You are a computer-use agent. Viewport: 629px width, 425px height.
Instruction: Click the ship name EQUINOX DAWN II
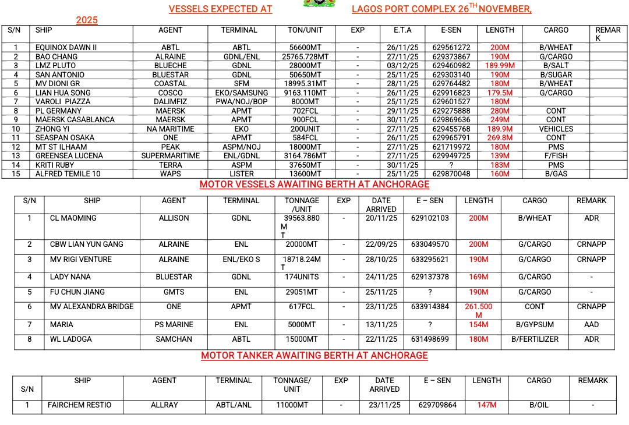tap(66, 48)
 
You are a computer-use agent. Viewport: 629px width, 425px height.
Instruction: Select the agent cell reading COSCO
tap(170, 93)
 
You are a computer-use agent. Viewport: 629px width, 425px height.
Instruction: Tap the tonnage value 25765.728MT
tap(305, 57)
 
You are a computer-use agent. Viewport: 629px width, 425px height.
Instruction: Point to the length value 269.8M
tap(500, 138)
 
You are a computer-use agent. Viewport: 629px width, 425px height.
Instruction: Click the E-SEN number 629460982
tap(451, 66)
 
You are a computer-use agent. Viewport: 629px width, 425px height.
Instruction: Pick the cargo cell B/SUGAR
tap(556, 75)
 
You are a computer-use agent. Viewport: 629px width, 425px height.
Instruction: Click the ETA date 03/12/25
tap(402, 66)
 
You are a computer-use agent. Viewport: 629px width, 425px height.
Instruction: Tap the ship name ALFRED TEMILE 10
tap(68, 174)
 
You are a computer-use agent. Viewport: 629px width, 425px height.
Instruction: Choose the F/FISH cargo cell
tap(556, 156)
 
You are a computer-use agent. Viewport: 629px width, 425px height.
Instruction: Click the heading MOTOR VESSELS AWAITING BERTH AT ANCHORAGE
tap(314, 185)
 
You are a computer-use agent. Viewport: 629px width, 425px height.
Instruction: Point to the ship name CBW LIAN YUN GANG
tap(86, 245)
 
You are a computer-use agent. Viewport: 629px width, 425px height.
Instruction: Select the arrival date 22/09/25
tap(381, 245)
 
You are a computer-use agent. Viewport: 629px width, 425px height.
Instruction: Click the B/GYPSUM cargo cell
tap(535, 325)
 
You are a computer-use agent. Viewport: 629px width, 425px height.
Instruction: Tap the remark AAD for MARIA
tap(591, 325)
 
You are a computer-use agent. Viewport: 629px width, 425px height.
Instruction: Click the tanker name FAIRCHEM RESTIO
tap(79, 405)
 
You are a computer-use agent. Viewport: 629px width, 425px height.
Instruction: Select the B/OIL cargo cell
tap(539, 405)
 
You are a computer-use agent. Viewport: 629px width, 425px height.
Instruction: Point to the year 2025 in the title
tap(87, 20)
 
